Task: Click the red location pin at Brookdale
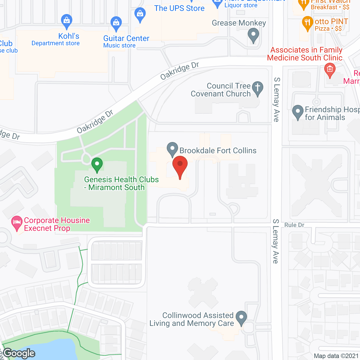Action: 180,166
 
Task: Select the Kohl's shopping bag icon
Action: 67,21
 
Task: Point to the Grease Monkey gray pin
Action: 253,35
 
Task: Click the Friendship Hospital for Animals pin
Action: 298,112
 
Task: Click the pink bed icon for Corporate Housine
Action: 17,223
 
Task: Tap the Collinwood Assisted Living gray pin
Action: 241,318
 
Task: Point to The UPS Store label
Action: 179,8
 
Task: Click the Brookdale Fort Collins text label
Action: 218,151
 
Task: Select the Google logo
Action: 19,353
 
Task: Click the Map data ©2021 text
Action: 336,356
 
